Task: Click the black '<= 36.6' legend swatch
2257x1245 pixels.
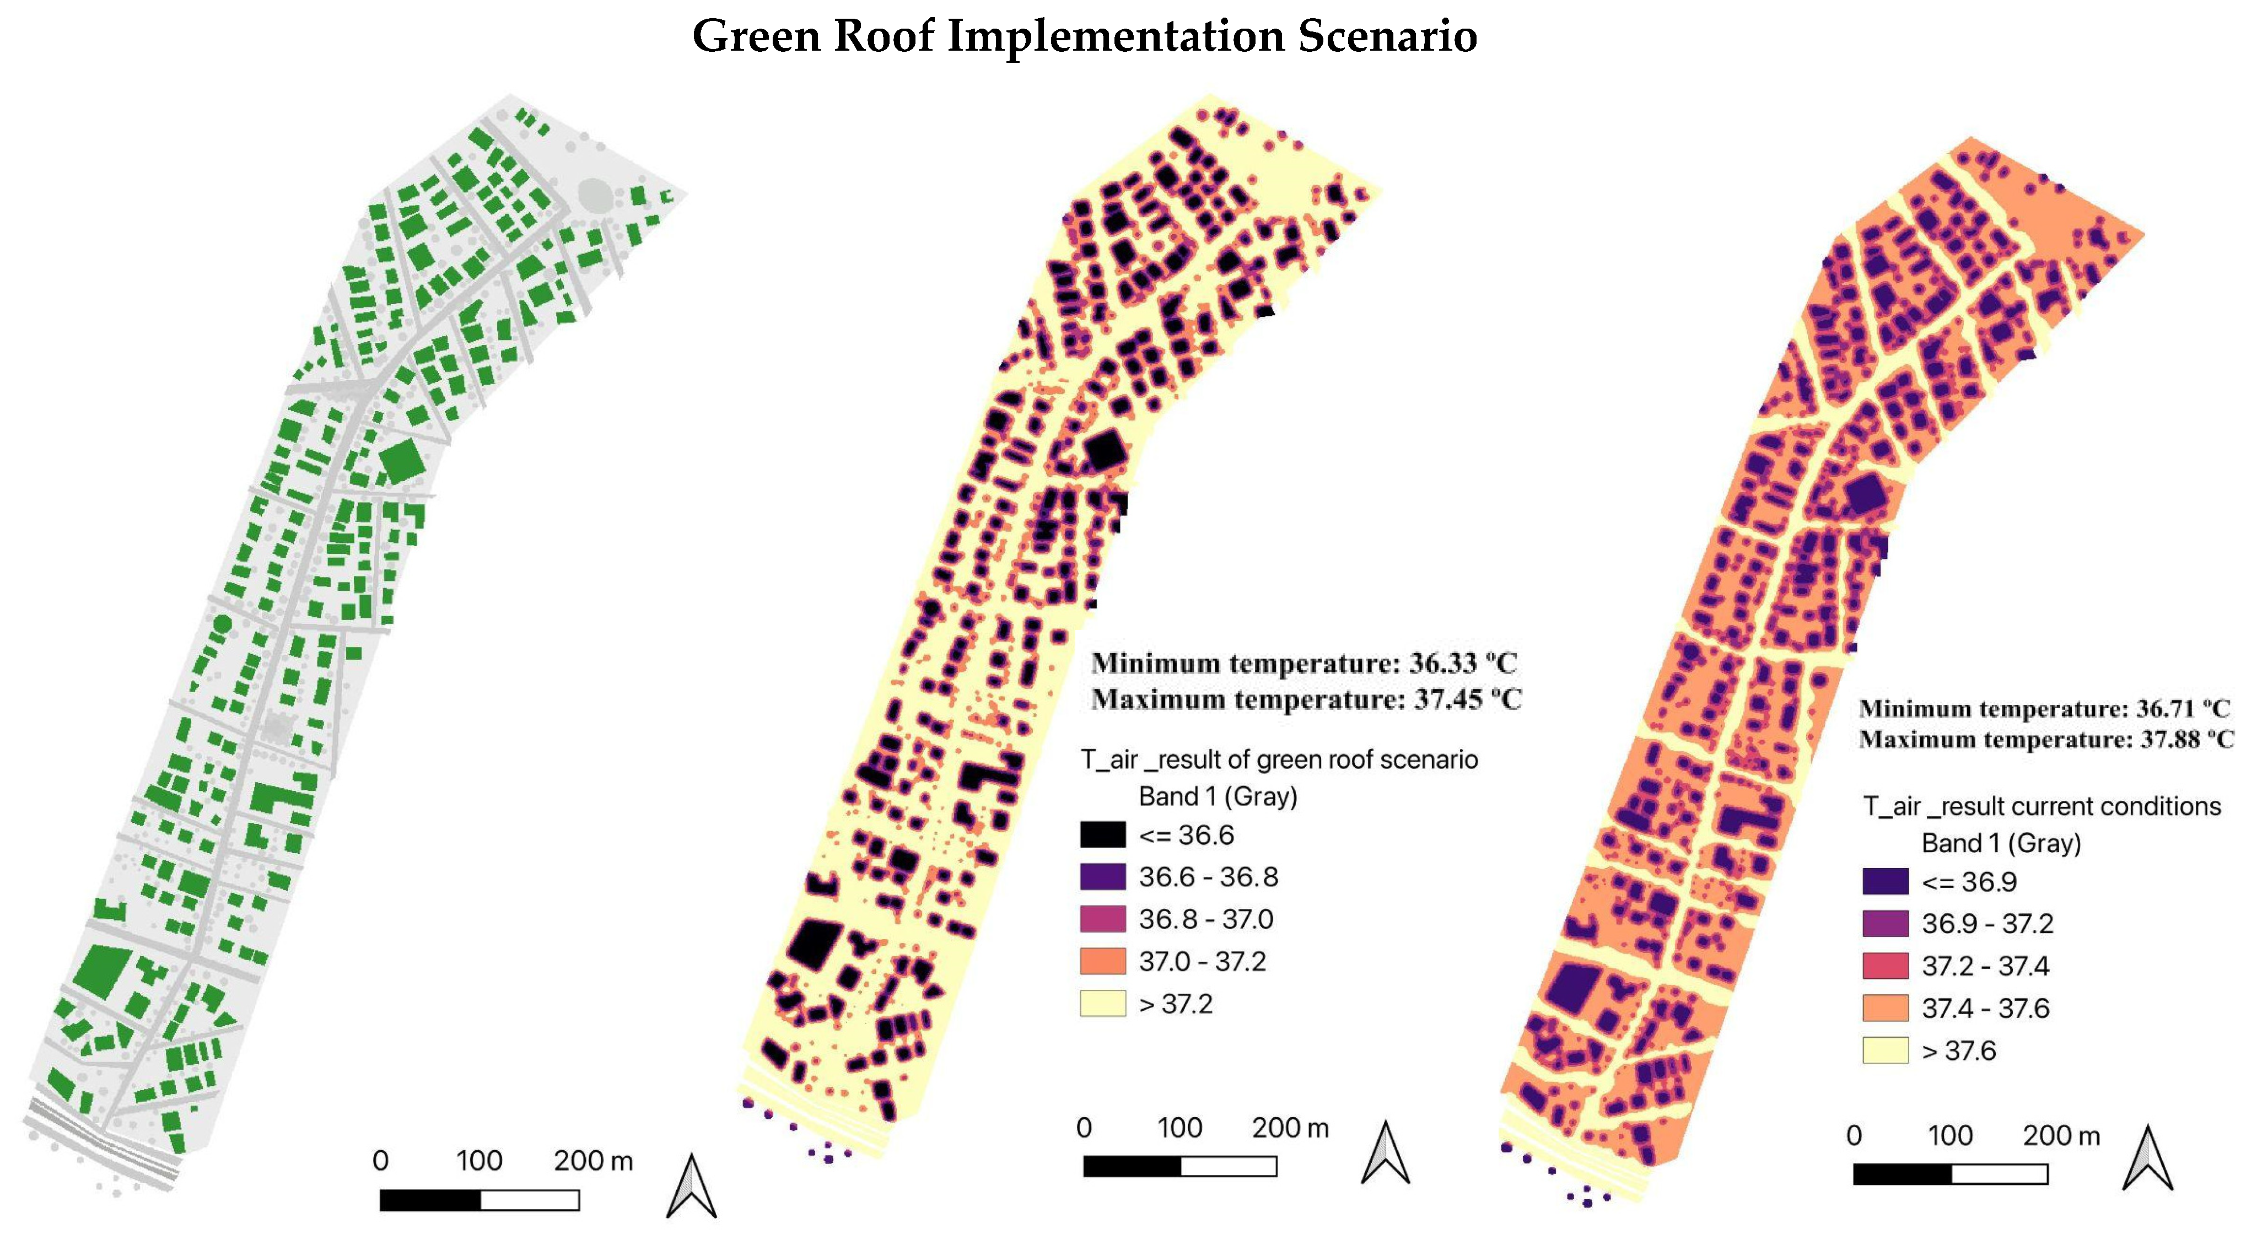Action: [x=1102, y=835]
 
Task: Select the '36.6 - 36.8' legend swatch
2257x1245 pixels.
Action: [x=1102, y=877]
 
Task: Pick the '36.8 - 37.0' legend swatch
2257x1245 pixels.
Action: [x=1102, y=919]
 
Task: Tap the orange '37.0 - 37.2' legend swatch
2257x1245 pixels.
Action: [x=1102, y=961]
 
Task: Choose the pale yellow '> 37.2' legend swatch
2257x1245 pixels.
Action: [x=1102, y=1003]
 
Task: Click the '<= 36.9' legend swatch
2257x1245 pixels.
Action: [x=1884, y=881]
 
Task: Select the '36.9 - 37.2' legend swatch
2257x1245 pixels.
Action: [x=1884, y=924]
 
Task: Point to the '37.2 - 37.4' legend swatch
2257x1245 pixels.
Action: [x=1884, y=966]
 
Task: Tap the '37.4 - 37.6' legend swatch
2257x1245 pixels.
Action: [x=1884, y=1007]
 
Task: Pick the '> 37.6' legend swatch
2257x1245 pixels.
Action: [x=1884, y=1049]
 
